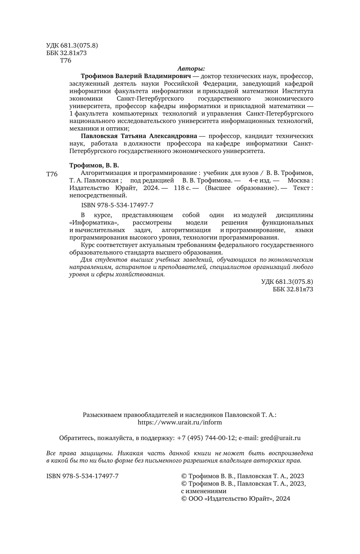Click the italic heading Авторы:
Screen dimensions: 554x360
191,68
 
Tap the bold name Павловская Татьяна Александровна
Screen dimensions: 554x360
139,136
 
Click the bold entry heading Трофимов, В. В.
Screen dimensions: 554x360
94,165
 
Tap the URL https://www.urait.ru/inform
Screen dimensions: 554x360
180,422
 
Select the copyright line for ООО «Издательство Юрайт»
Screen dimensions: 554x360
236,498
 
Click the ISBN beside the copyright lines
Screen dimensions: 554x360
82,476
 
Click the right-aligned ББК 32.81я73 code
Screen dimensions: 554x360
293,289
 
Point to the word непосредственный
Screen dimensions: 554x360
98,196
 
